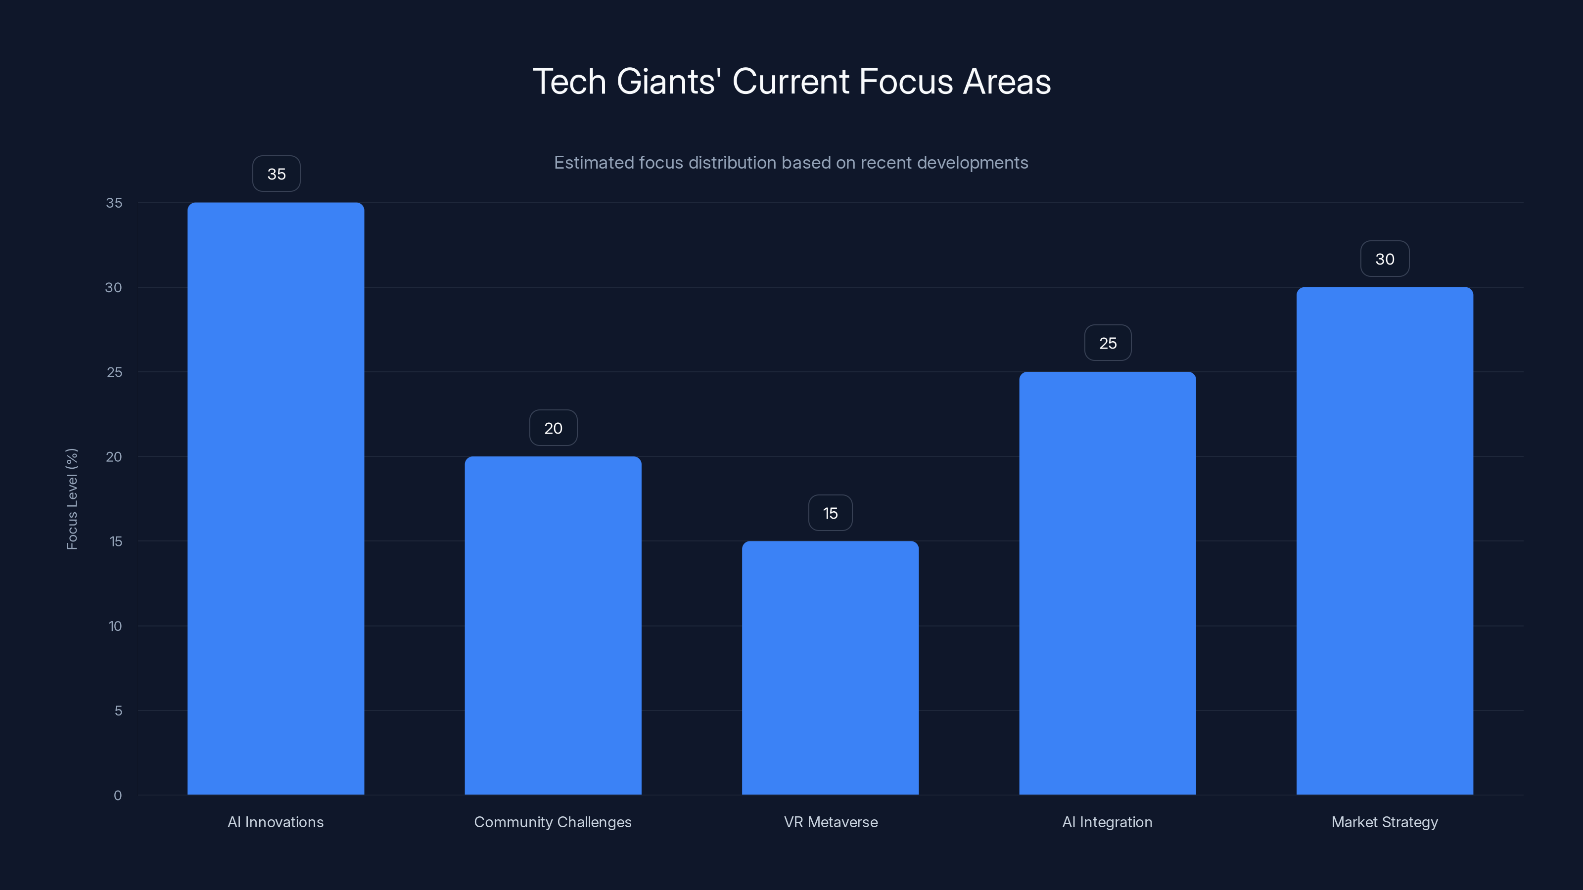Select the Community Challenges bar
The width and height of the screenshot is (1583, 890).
coord(553,625)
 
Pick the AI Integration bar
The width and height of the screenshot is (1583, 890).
coord(1108,583)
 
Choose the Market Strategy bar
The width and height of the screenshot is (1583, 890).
coord(1385,540)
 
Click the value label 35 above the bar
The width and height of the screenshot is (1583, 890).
coord(276,174)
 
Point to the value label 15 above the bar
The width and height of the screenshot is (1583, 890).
coord(830,513)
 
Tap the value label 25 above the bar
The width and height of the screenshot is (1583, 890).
coord(1108,343)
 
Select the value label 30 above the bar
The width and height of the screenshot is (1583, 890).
coord(1385,259)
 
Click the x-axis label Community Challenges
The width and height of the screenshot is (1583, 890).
coord(553,822)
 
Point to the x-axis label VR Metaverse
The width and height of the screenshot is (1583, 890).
coord(830,822)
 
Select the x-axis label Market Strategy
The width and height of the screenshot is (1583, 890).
coord(1385,822)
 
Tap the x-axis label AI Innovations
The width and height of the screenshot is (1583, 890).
coord(276,822)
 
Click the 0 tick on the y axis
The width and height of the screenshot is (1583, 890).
coord(117,796)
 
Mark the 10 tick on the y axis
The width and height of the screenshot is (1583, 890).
coord(115,626)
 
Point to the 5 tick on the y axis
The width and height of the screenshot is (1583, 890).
coord(118,711)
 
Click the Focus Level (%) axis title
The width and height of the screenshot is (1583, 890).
coord(72,499)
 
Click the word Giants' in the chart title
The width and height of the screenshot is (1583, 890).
coord(669,82)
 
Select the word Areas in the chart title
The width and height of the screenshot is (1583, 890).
coord(1007,82)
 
